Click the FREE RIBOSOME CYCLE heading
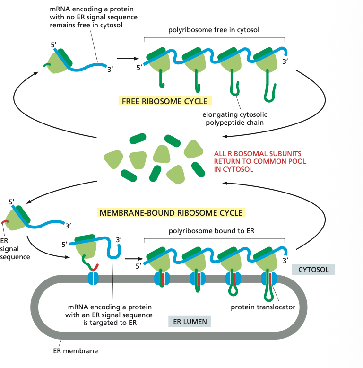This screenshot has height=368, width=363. [x=164, y=101]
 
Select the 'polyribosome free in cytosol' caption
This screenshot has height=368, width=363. [x=214, y=30]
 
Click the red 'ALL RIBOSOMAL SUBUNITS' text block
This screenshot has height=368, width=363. [x=260, y=161]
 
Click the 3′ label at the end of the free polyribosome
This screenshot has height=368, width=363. [x=285, y=61]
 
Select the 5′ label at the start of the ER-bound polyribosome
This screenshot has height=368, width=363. [x=138, y=266]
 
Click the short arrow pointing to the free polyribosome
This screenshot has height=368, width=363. [x=124, y=59]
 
